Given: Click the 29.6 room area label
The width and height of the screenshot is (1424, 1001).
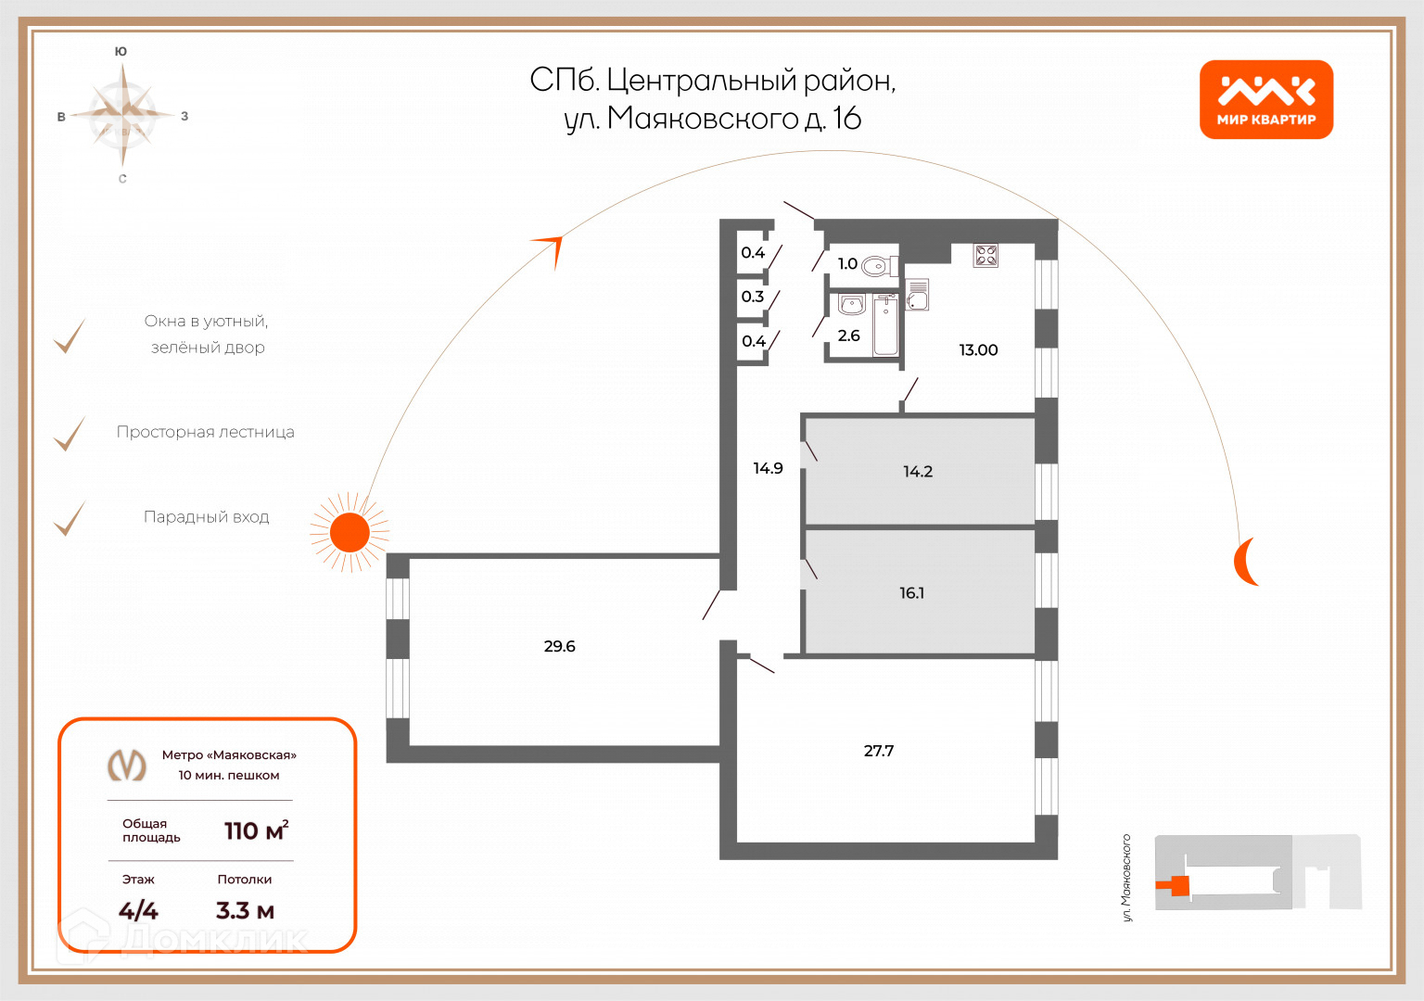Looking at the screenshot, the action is coord(559,646).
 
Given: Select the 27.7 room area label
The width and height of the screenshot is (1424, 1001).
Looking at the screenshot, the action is coord(878,751).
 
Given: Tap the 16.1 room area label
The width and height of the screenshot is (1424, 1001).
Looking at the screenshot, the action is coord(911,593).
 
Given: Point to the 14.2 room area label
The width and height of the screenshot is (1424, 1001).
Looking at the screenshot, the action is coord(917,472).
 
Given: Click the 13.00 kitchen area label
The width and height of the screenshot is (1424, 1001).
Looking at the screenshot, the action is coord(978,350).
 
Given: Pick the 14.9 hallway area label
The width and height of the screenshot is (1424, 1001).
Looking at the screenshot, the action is coord(768,468).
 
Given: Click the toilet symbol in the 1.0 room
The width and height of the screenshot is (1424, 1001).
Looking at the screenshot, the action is coord(876,267).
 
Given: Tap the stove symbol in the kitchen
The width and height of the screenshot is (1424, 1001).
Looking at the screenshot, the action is coord(985,255).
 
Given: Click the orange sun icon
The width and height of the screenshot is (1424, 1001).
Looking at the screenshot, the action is coord(350,532).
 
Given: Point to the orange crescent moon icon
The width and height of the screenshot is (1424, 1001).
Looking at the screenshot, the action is coord(1245,561).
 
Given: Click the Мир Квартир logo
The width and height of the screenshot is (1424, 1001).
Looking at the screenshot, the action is coord(1265,99).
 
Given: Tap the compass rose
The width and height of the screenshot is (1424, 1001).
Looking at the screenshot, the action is coord(123,114).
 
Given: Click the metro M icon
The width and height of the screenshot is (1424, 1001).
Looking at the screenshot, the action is coord(127,766).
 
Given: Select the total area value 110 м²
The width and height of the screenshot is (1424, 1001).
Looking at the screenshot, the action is coord(256,830).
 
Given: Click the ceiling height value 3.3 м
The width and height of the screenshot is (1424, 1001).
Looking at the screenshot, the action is coord(245,911).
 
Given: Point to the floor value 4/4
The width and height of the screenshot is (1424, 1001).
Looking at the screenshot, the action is coord(138,911).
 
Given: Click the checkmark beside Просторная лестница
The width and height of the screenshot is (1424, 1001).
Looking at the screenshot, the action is coord(70,433).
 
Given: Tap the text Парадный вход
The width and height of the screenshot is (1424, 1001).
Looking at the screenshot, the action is coord(206,517).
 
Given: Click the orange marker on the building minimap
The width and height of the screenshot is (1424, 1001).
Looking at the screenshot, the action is coord(1175,886).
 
